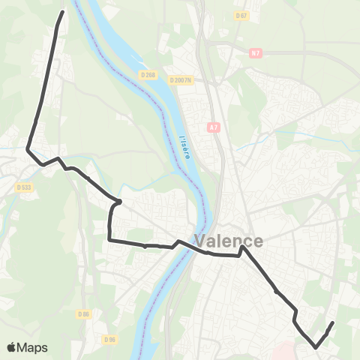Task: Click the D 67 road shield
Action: (x=241, y=15)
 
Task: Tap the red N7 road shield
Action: (x=256, y=53)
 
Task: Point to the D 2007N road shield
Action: (x=181, y=80)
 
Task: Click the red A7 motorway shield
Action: (x=215, y=128)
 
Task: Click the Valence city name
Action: (x=229, y=241)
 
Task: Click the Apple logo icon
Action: (x=12, y=347)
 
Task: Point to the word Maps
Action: (x=33, y=347)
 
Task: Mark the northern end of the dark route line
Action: (x=62, y=12)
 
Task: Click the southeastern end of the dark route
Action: (x=331, y=323)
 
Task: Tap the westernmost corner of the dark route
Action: (x=28, y=148)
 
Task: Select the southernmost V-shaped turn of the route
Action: (x=316, y=347)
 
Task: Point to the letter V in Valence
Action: (x=202, y=241)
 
